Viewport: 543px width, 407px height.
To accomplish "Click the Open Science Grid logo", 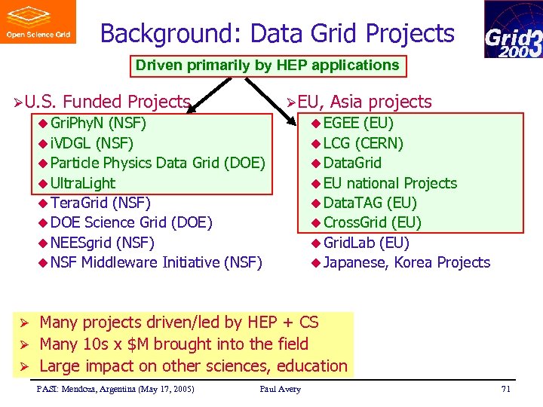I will (38, 22).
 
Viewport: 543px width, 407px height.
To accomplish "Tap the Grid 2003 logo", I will (513, 29).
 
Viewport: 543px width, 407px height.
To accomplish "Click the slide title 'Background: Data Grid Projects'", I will (277, 34).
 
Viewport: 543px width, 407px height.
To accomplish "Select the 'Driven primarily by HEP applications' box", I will (267, 66).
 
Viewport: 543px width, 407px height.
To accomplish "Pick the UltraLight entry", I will (83, 183).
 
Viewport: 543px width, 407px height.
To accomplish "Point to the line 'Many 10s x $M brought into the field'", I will (173, 344).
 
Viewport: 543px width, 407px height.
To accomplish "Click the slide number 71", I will (505, 389).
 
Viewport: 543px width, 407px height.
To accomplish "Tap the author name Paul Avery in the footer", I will (280, 389).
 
